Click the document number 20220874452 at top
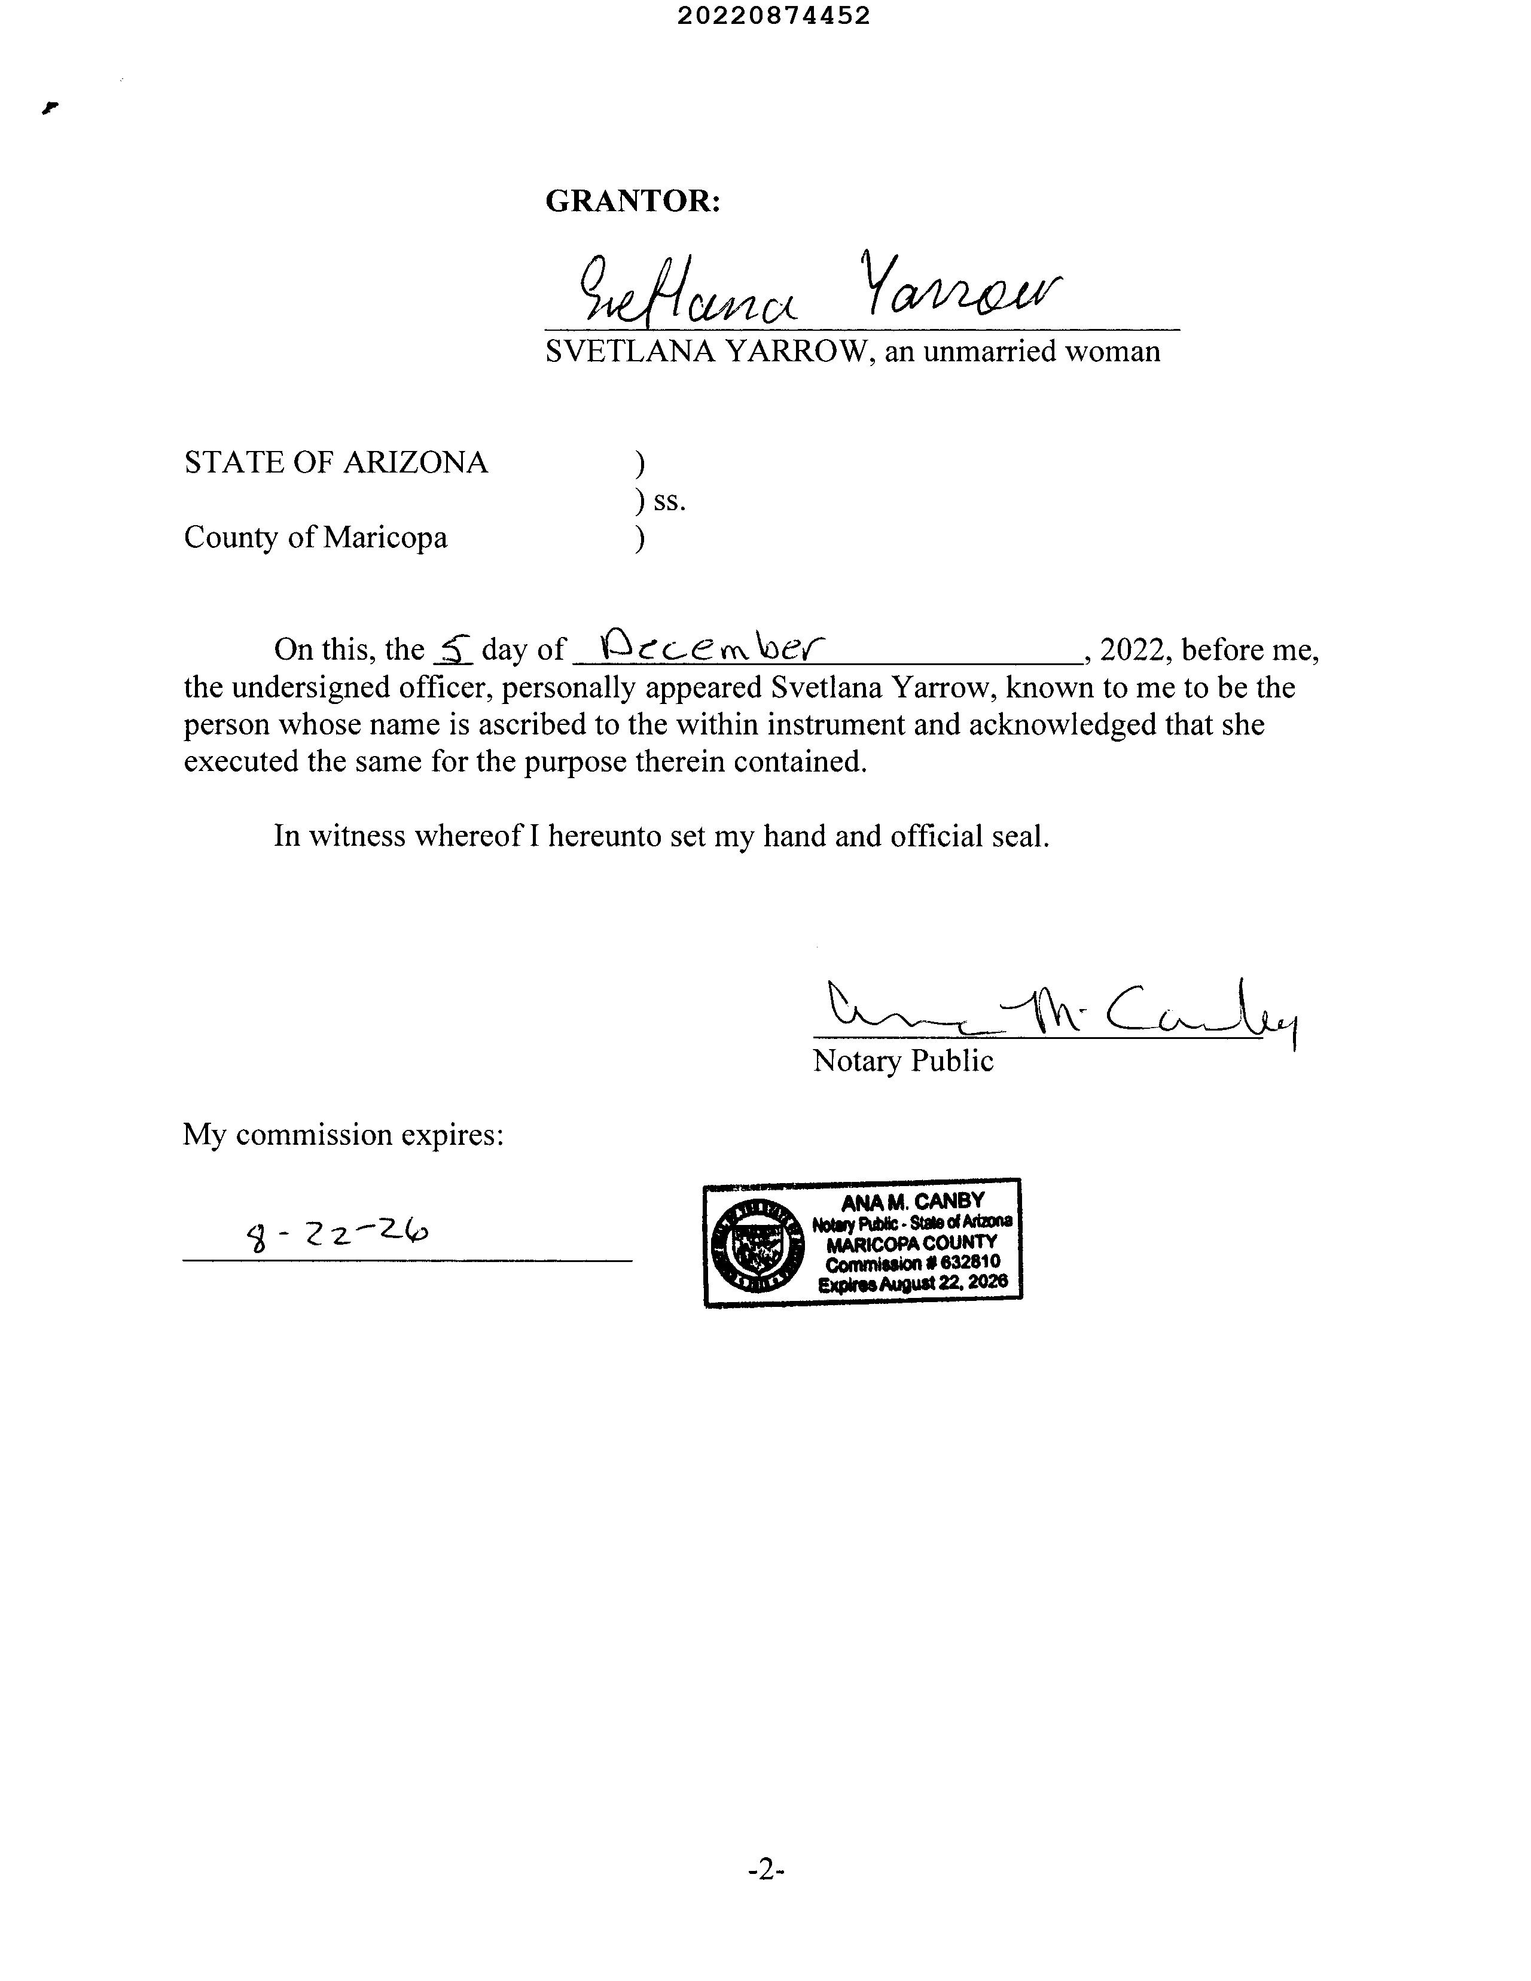[774, 16]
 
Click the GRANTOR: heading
[632, 200]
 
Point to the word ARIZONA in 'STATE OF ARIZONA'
[416, 462]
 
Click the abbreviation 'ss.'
[669, 501]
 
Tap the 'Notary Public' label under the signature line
[902, 1060]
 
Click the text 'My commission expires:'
[343, 1134]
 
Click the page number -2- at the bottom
[765, 1869]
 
